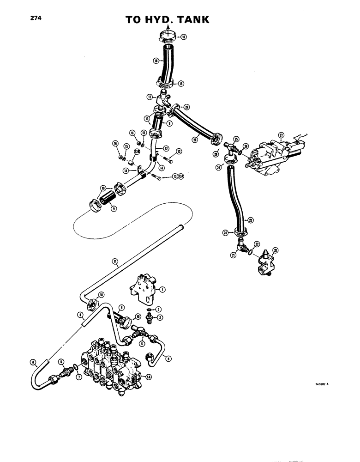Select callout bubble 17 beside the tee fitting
pos(149,97)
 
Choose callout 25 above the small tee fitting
pos(236,139)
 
